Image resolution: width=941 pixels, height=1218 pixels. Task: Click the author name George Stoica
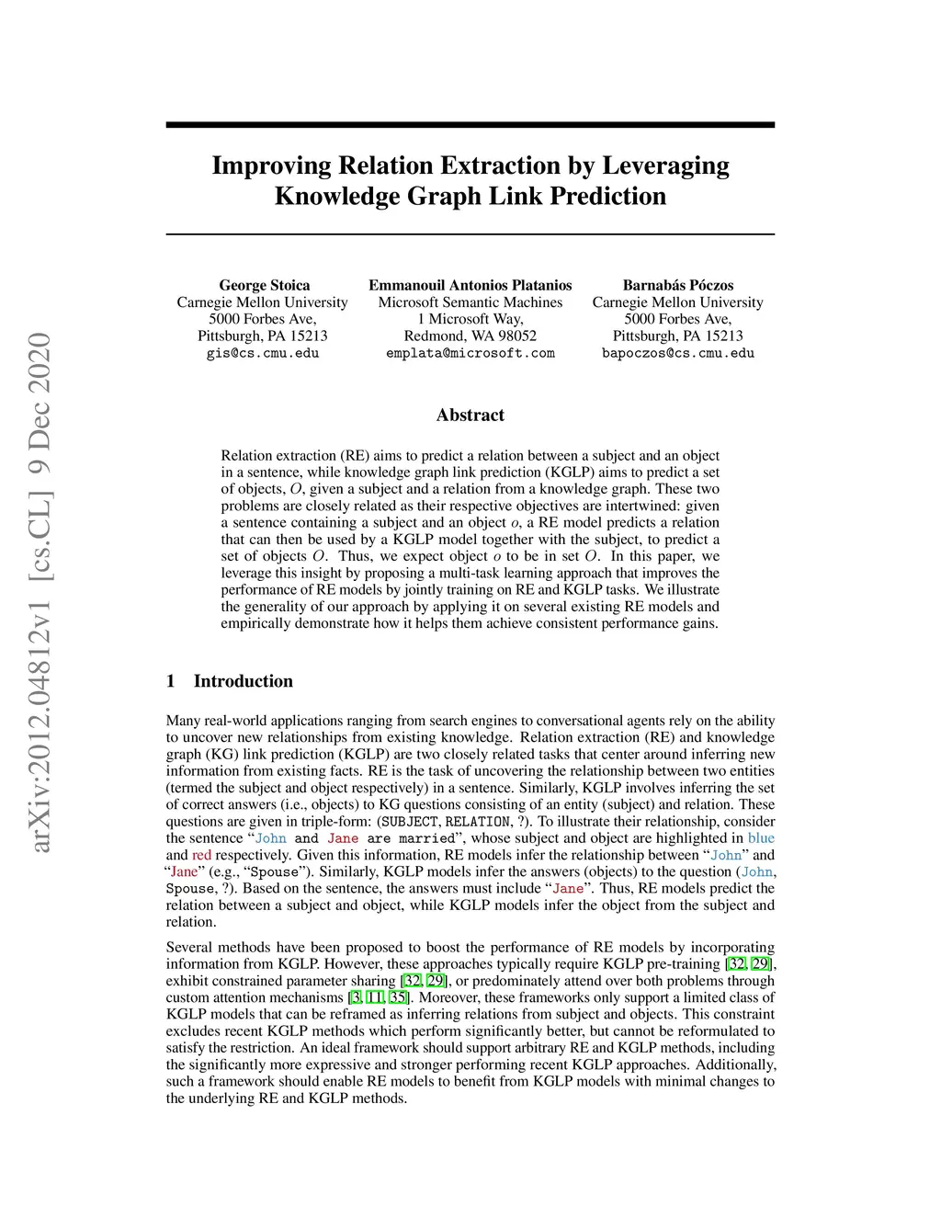tap(264, 285)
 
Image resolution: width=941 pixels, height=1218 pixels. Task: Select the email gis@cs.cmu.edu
tap(263, 353)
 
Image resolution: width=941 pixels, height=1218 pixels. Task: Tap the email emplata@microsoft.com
tap(470, 353)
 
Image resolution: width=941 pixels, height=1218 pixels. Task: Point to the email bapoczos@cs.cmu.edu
tap(678, 353)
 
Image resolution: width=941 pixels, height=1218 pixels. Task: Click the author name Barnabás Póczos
tap(678, 285)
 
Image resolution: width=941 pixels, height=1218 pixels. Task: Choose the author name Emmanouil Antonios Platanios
tap(470, 285)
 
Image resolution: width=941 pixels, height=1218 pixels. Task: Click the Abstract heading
tap(470, 415)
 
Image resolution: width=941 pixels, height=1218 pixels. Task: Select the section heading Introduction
tap(243, 681)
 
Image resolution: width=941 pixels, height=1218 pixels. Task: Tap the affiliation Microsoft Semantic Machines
tap(470, 302)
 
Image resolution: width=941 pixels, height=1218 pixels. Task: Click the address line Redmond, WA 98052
tap(470, 336)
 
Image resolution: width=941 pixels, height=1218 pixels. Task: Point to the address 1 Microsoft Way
tap(470, 319)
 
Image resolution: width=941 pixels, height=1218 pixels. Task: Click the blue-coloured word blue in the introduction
tap(761, 837)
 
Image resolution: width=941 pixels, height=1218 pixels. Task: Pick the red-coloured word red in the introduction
tap(201, 855)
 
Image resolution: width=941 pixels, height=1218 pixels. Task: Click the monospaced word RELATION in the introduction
tap(477, 822)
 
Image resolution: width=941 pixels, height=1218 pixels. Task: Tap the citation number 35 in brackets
tap(398, 997)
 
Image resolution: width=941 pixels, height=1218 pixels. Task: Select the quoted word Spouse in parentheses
tap(275, 871)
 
